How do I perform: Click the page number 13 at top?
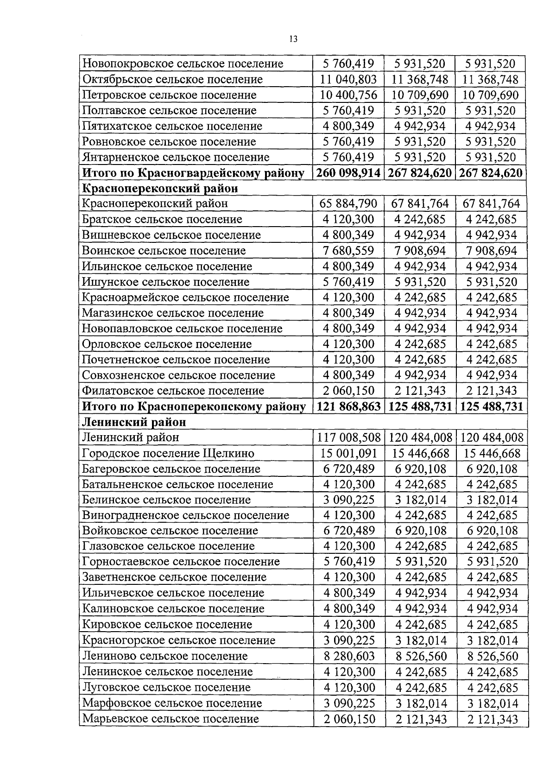293,39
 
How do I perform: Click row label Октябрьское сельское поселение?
172,79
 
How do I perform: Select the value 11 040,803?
348,79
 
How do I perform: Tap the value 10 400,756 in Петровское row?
348,95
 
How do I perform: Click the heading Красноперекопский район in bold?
160,188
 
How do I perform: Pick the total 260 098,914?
348,173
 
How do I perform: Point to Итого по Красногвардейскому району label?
193,173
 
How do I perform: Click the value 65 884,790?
348,203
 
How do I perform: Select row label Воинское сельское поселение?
164,251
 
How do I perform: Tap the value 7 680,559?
348,251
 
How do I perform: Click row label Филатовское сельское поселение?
173,391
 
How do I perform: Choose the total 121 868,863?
348,406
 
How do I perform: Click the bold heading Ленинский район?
134,422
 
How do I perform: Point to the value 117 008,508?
348,437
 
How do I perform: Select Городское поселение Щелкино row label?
168,453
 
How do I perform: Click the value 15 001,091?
348,453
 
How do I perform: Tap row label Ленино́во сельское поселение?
165,656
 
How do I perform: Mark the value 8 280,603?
348,656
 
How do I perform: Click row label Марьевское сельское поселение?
171,719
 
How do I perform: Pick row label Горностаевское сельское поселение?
181,562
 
